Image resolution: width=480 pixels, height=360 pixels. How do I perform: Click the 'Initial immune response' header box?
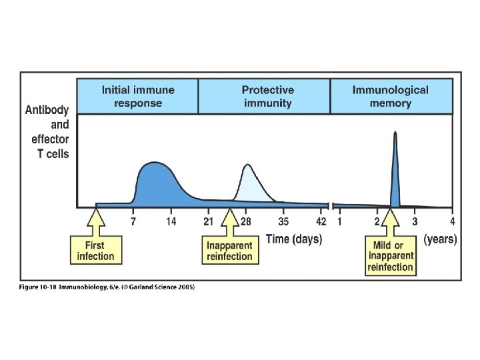[x=137, y=97]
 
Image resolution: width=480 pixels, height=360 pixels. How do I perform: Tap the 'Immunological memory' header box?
[x=390, y=97]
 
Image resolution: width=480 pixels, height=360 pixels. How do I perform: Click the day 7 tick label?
[x=133, y=222]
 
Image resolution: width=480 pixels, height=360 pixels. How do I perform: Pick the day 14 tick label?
[x=171, y=222]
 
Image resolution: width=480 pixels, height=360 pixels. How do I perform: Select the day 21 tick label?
[x=208, y=222]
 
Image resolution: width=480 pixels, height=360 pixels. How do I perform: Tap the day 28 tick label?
[x=246, y=222]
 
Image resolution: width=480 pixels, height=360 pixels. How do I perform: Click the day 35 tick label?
[x=283, y=222]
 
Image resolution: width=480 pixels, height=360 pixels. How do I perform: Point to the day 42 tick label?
[x=321, y=222]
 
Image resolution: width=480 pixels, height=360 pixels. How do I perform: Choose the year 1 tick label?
[x=339, y=222]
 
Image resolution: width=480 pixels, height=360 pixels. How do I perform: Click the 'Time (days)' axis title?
[x=294, y=239]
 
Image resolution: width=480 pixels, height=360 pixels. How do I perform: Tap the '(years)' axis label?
[x=440, y=239]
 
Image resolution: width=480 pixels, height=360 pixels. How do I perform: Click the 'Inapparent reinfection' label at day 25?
[x=229, y=251]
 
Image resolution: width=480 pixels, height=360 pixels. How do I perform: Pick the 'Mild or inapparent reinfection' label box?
[x=390, y=256]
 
